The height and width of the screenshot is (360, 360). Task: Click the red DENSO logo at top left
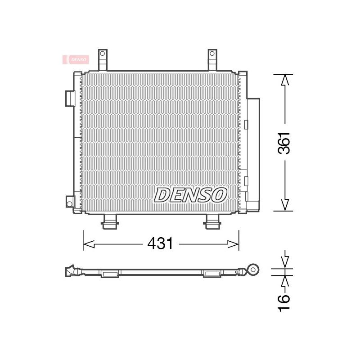click(x=76, y=60)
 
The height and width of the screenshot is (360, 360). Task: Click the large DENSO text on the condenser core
click(x=190, y=195)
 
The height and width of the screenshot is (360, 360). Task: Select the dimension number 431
click(x=160, y=243)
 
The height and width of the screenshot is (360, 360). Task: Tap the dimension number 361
click(x=284, y=143)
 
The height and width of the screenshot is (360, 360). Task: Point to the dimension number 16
click(x=284, y=303)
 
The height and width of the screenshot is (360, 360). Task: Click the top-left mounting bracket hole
click(x=103, y=54)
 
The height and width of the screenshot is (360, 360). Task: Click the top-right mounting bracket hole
click(x=212, y=54)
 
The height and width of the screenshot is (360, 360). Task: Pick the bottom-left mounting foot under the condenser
click(x=110, y=222)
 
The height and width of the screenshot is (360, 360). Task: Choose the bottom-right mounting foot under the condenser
click(x=213, y=222)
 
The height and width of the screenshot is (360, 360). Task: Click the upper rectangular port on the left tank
click(x=70, y=99)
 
